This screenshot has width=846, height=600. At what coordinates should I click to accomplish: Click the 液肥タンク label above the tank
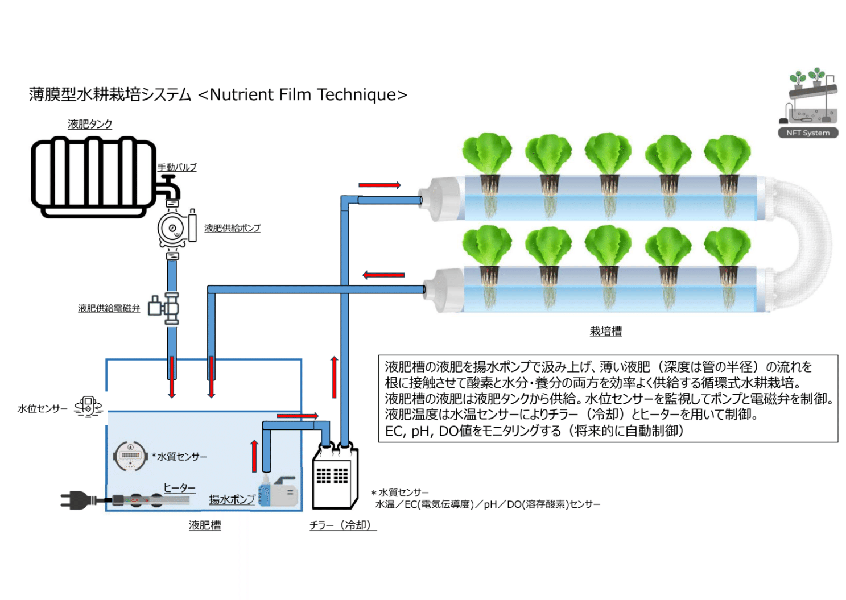(90, 124)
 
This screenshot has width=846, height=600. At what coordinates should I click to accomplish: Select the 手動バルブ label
(177, 167)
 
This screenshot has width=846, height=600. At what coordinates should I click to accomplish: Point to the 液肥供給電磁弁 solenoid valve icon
(165, 308)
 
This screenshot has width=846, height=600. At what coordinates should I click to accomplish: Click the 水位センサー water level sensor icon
(88, 407)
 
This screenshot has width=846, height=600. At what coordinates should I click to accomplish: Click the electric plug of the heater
(77, 500)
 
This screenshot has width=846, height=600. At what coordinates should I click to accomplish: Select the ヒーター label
(179, 488)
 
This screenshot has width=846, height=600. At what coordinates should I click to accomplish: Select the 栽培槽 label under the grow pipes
(605, 331)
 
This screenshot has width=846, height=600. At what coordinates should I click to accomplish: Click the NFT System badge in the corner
(808, 133)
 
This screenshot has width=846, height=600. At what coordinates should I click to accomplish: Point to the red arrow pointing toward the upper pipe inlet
(379, 185)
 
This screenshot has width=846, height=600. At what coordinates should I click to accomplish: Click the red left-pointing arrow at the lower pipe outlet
(383, 275)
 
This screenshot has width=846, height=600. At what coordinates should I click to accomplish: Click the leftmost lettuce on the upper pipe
(487, 154)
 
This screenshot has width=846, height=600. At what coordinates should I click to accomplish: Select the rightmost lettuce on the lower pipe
(727, 246)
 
